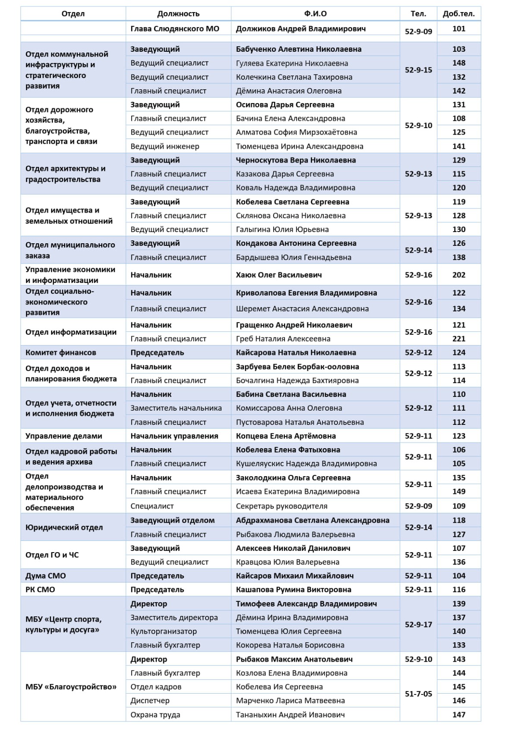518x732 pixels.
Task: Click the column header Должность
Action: [x=178, y=14]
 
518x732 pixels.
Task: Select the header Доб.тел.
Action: [x=458, y=14]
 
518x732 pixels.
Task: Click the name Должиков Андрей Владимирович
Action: [x=300, y=29]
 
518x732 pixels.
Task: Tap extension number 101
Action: [x=458, y=29]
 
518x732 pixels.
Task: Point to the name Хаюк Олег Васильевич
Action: [x=278, y=275]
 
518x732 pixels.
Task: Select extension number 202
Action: [x=458, y=275]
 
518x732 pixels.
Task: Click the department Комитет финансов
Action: [x=60, y=352]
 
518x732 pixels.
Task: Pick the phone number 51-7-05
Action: [x=418, y=694]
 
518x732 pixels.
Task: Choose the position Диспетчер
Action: [x=150, y=701]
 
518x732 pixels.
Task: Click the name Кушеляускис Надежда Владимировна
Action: [x=306, y=464]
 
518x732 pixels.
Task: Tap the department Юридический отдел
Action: [x=64, y=527]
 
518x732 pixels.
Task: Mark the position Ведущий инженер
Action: [x=164, y=146]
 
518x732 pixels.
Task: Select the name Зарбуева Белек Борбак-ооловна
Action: [x=297, y=367]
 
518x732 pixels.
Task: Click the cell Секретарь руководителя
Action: [x=281, y=506]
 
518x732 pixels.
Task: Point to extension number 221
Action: [x=458, y=339]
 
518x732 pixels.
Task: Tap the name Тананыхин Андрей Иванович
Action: [x=290, y=715]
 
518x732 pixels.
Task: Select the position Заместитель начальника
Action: [x=176, y=408]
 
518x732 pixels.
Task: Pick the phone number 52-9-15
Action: [x=418, y=70]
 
